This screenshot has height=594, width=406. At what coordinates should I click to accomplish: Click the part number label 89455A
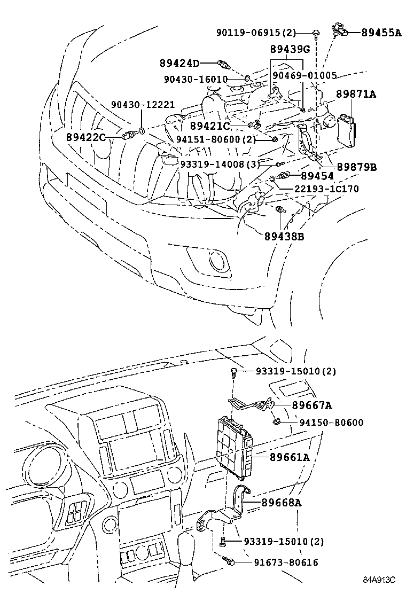coord(381,33)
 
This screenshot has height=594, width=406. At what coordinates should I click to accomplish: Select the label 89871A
coord(356,95)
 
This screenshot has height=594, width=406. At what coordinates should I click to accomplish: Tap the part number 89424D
coord(179,64)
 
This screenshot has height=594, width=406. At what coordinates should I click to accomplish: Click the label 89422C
coord(86,137)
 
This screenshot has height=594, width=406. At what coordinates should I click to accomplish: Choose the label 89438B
coord(284,236)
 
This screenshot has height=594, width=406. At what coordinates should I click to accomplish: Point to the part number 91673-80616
coord(279,562)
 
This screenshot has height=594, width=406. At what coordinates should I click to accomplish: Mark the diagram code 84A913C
coord(379,580)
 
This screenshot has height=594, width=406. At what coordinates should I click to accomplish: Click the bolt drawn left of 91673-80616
coord(230,561)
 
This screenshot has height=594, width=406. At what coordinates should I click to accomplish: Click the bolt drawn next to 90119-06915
coord(316,33)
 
